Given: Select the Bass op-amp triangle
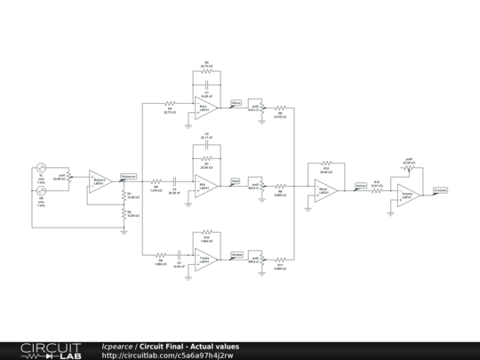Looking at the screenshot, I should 205,108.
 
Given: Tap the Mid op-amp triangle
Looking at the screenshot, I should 205,185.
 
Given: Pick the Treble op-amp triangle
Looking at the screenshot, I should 205,259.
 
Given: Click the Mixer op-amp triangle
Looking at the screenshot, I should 324,190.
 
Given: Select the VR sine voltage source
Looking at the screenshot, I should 41,189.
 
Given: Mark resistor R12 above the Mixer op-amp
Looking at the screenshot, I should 326,164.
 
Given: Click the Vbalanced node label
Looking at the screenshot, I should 128,176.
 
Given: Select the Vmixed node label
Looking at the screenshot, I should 360,185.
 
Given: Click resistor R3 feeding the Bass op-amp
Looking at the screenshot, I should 170,105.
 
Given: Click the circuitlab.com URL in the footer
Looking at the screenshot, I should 167,356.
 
